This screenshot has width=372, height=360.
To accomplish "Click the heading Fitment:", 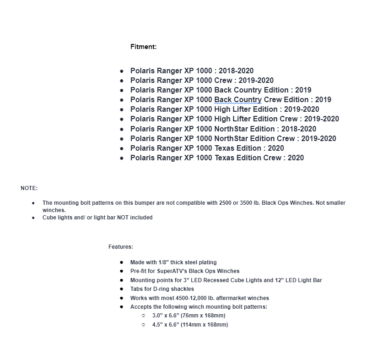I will [143, 47].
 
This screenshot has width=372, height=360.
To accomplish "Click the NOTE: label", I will [29, 188].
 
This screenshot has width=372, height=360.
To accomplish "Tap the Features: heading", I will [120, 247].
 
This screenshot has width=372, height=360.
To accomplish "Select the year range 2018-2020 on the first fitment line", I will [236, 71].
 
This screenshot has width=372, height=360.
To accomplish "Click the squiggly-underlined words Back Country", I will [237, 100].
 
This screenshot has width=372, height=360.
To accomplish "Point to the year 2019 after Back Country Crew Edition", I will [323, 100].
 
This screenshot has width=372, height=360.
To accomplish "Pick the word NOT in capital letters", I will [123, 218].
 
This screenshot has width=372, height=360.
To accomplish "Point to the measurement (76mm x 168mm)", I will [203, 316].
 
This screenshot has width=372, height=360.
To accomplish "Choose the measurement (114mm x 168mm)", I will [205, 325].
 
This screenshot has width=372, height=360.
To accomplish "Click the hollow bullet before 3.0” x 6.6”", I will [143, 316].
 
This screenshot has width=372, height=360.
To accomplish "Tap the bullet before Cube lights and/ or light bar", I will [33, 218].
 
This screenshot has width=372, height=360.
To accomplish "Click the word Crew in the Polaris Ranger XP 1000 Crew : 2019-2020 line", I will [223, 81].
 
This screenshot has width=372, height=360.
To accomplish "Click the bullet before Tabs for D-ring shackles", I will [121, 289].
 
